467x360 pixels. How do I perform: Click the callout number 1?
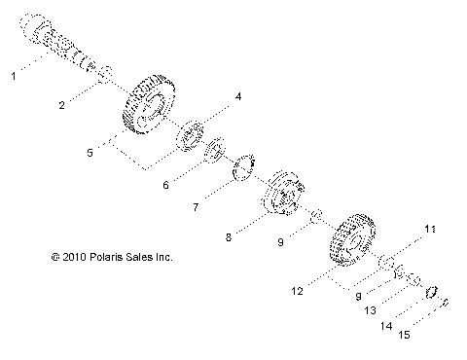13,74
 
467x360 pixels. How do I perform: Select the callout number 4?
236,97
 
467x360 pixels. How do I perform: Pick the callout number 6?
164,183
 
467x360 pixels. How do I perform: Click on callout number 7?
196,207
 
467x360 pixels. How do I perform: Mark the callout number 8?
229,236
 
